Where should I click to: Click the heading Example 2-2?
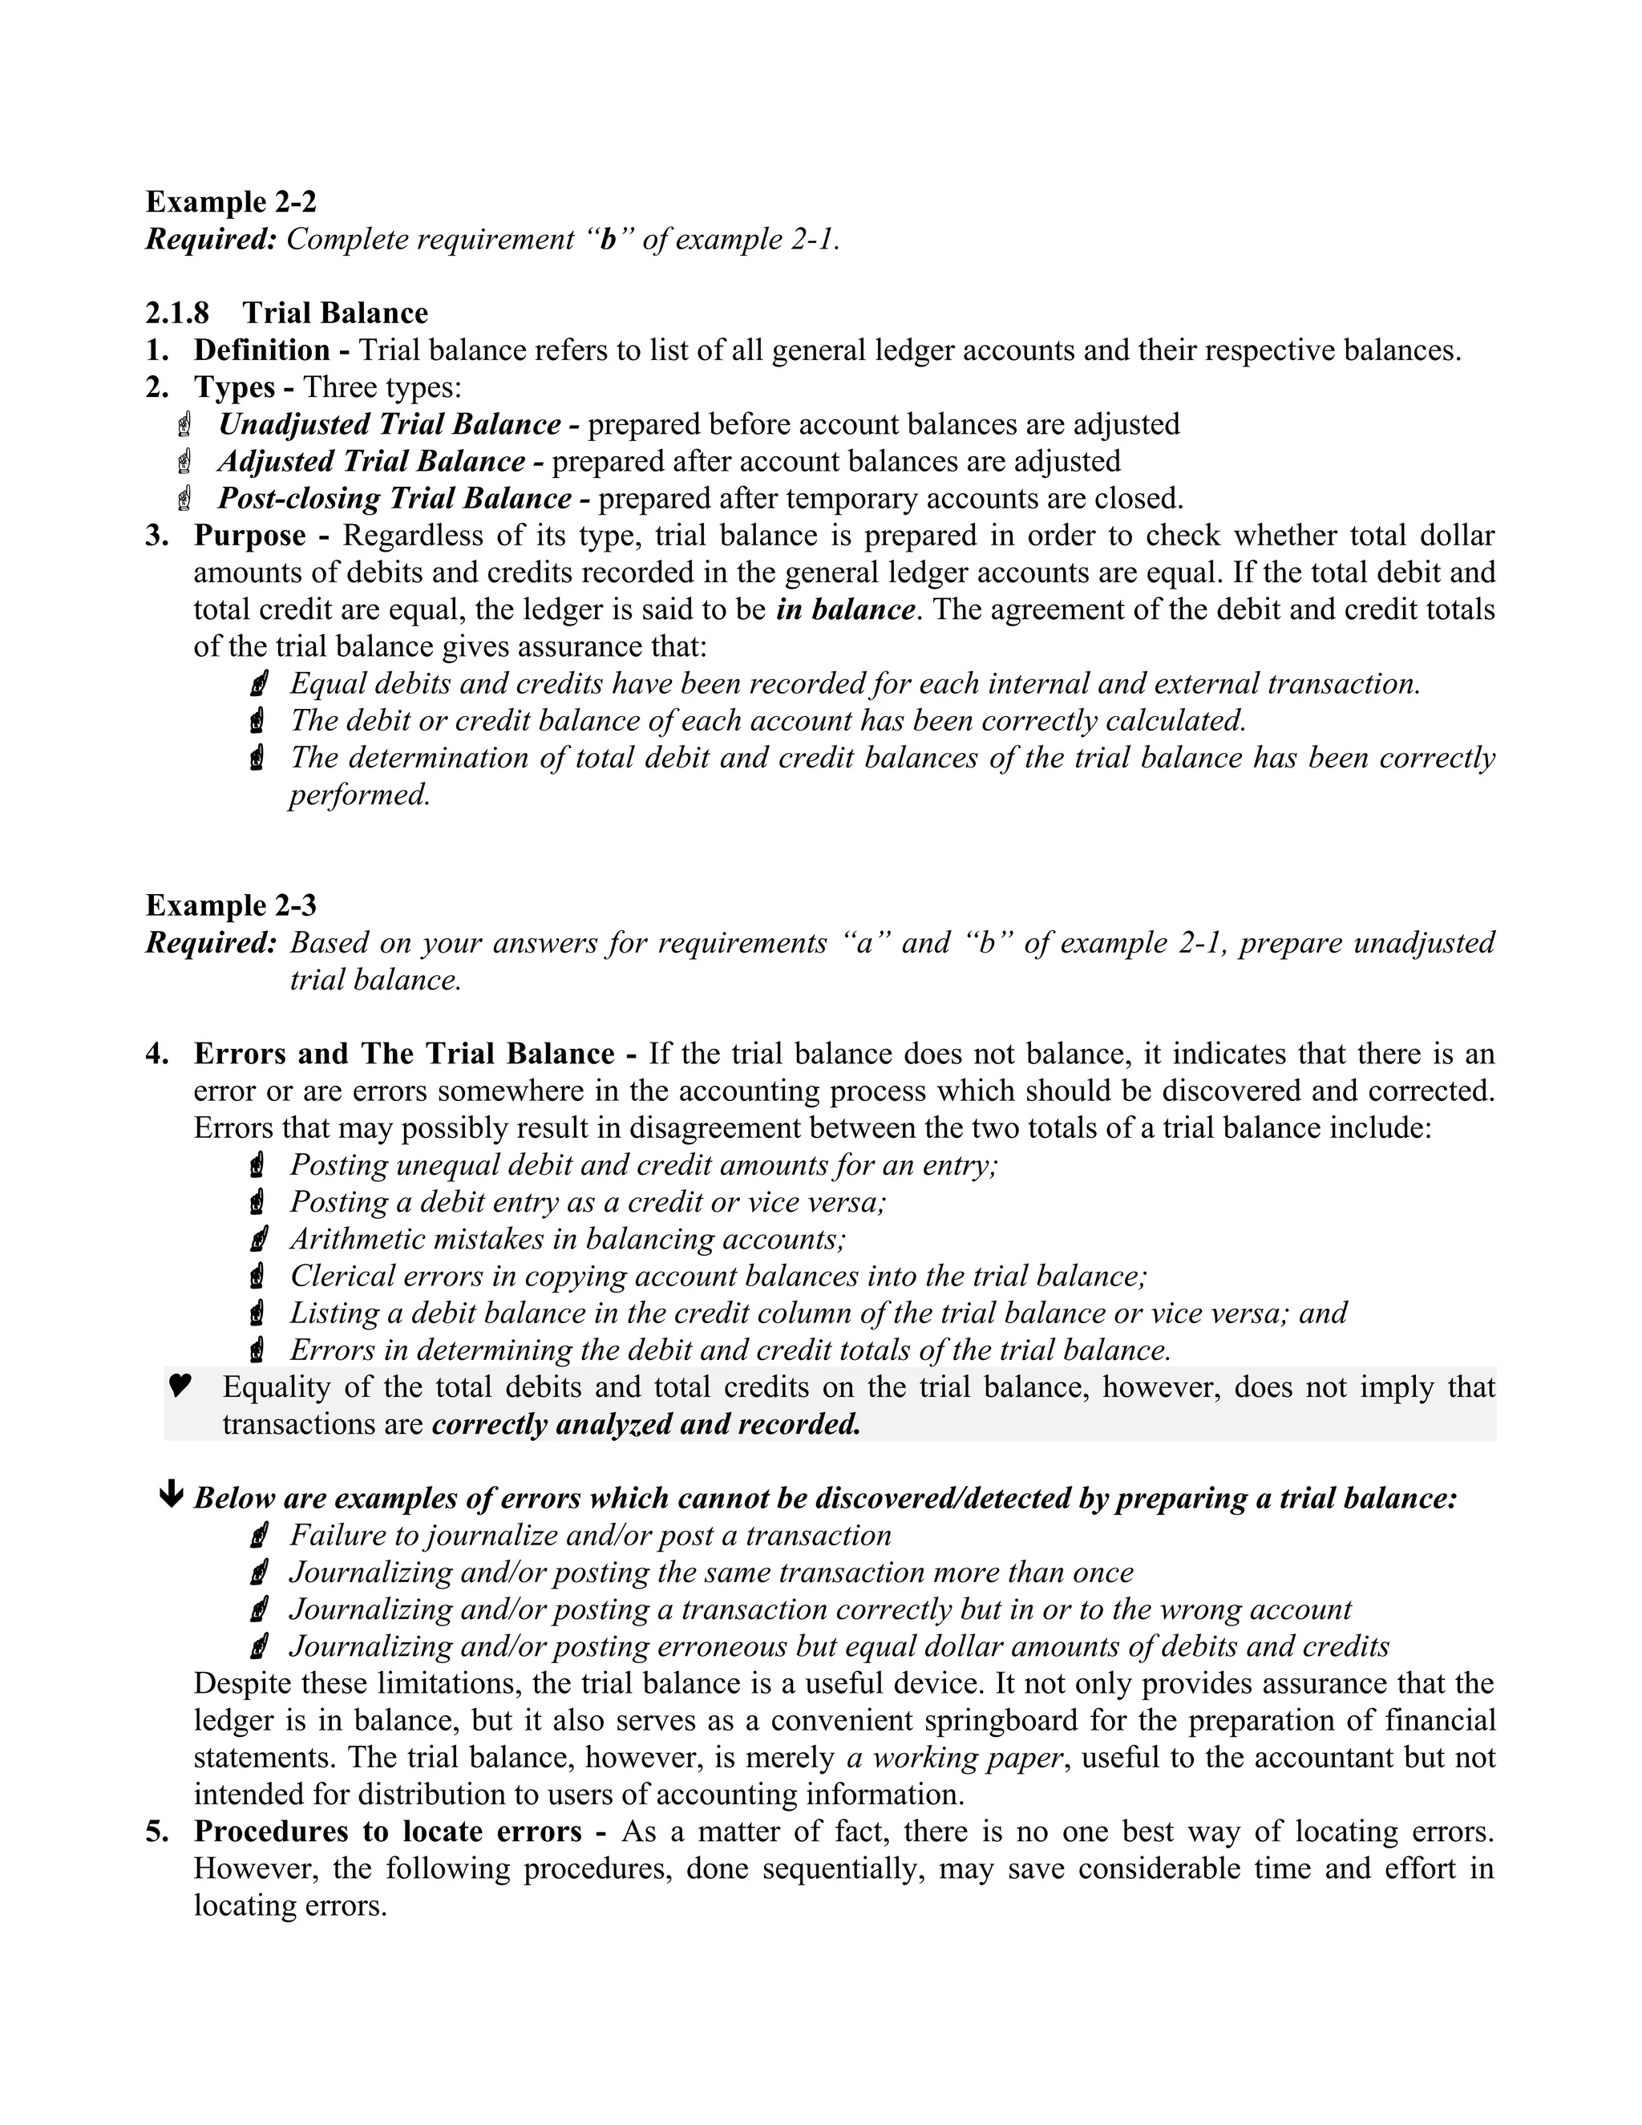tap(231, 202)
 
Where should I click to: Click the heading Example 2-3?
tap(231, 906)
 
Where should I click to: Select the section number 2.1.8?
tap(177, 314)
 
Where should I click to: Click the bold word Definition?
tap(261, 350)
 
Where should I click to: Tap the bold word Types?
tap(233, 387)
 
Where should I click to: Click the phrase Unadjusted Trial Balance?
tap(389, 424)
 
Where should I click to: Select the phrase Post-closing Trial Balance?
tap(394, 498)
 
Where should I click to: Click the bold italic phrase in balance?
tap(845, 610)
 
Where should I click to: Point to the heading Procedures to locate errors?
tap(387, 1832)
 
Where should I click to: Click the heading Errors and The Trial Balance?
tap(404, 1054)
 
